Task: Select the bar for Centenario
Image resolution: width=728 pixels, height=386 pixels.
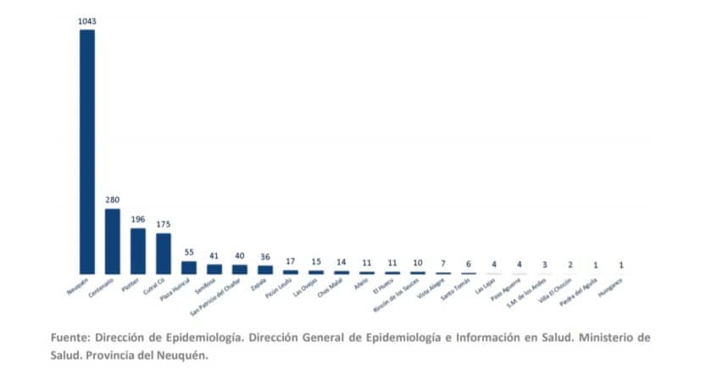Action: point(113,241)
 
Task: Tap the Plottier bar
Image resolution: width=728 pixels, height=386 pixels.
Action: point(138,250)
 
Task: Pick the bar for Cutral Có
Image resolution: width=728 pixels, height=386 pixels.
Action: point(164,253)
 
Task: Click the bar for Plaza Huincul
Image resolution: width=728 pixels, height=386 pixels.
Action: point(189,266)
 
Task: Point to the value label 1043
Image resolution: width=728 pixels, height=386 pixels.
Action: point(87,20)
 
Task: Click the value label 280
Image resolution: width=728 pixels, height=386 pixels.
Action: point(113,200)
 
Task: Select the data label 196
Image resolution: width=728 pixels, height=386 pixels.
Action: point(138,219)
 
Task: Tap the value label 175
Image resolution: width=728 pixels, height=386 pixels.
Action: point(164,224)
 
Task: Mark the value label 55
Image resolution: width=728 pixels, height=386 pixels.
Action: point(189,252)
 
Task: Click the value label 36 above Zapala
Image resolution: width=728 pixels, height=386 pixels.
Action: point(265,256)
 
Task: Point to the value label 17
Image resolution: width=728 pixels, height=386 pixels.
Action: point(291,261)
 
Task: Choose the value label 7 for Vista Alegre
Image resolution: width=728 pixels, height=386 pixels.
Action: point(443,265)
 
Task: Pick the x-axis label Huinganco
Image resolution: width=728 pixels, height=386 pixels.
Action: point(611,287)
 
